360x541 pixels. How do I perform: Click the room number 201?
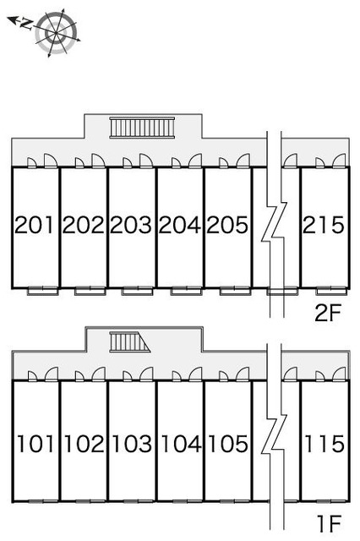[x=34, y=225]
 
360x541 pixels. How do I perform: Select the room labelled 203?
[x=131, y=225]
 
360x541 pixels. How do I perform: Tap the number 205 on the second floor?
[x=227, y=225]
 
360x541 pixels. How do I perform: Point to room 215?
[x=324, y=225]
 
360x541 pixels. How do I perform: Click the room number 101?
[x=35, y=443]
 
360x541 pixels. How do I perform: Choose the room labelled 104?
[x=181, y=443]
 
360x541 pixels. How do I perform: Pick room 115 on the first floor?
[x=325, y=443]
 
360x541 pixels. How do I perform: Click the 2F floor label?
[x=327, y=313]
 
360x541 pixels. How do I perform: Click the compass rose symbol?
[x=56, y=33]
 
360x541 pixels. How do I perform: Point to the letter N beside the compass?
[x=26, y=24]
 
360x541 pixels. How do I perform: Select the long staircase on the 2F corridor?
[x=142, y=128]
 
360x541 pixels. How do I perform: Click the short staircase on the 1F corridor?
[x=130, y=342]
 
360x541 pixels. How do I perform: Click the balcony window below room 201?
[x=42, y=291]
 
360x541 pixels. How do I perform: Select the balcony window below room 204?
[x=186, y=291]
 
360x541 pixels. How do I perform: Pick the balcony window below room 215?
[x=332, y=291]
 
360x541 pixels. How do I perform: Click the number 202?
[x=83, y=225]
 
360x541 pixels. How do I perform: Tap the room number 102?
[x=85, y=443]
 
